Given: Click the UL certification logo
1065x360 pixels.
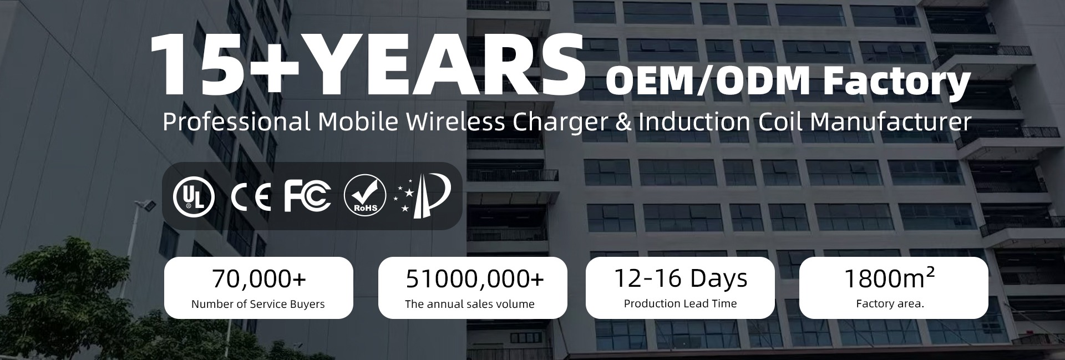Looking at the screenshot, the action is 194,197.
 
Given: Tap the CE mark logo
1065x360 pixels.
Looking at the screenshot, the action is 251,197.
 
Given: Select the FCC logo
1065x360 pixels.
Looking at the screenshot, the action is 307,196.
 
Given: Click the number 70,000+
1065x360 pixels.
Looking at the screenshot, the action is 259,279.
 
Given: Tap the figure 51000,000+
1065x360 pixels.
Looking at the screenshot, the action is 475,279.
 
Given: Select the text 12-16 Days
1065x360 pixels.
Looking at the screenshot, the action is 681,278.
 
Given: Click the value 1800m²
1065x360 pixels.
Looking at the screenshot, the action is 889,278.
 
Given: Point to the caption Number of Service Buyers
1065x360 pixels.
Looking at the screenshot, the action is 258,304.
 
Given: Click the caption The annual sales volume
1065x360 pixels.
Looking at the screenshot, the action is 470,304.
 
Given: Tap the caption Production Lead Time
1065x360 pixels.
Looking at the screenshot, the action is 681,303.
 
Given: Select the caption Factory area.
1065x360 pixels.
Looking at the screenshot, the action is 890,303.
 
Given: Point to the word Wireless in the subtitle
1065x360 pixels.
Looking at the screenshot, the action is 455,122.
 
